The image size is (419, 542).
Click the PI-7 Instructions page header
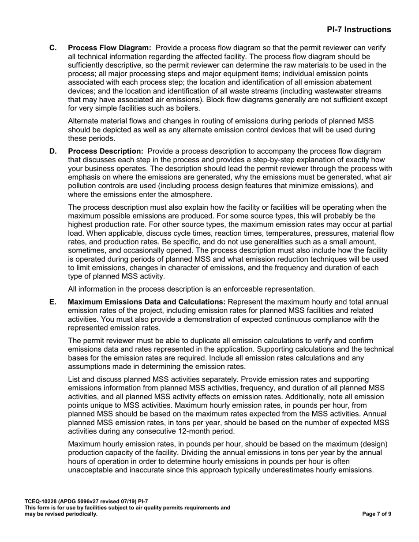tap(359, 30)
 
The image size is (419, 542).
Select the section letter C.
tap(53, 48)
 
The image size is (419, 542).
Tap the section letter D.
tap(53, 152)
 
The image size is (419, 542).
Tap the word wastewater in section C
tap(331, 91)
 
